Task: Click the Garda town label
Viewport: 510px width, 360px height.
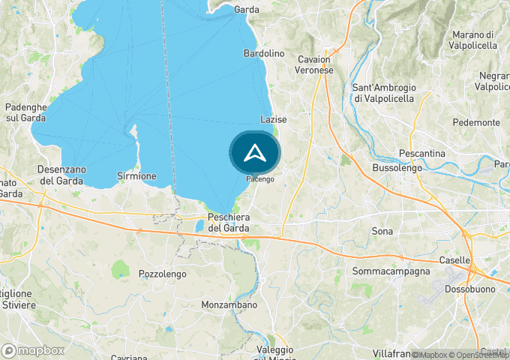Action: (246, 10)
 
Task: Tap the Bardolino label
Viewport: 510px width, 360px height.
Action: (264, 54)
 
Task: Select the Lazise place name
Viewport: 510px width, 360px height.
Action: (273, 119)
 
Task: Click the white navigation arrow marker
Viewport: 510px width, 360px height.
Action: (255, 153)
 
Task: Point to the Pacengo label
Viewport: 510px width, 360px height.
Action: (260, 179)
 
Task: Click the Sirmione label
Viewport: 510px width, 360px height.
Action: (137, 176)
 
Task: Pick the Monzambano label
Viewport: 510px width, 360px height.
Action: (229, 305)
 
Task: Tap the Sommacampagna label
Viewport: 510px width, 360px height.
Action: (391, 271)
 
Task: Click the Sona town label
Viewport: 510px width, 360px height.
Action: (382, 232)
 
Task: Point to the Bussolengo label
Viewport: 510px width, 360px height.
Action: (397, 169)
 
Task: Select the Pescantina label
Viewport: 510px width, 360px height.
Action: (422, 153)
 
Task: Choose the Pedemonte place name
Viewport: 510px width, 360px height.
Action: (476, 122)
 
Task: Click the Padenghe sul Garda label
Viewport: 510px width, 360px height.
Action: (26, 112)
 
